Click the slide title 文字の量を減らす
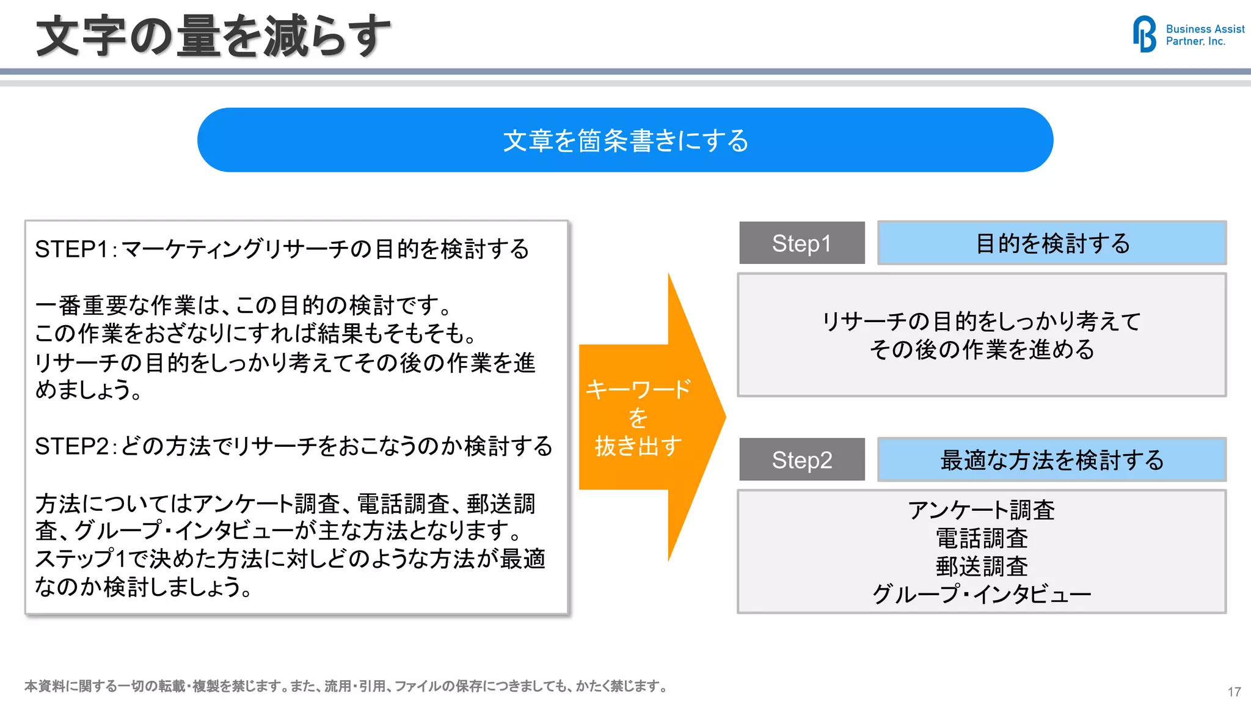213,37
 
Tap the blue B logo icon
1144,34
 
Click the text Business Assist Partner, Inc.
1204,35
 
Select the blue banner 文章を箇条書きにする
625,141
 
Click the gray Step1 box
801,243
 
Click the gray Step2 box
801,460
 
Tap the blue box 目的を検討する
1051,243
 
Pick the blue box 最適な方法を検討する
1051,460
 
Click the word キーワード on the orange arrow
638,389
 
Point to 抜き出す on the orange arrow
638,446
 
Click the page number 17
1234,692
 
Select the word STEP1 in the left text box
71,249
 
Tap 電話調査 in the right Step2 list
981,538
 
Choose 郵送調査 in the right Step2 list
981,566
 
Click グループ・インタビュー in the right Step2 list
981,594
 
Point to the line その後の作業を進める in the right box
981,350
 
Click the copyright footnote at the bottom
346,686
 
